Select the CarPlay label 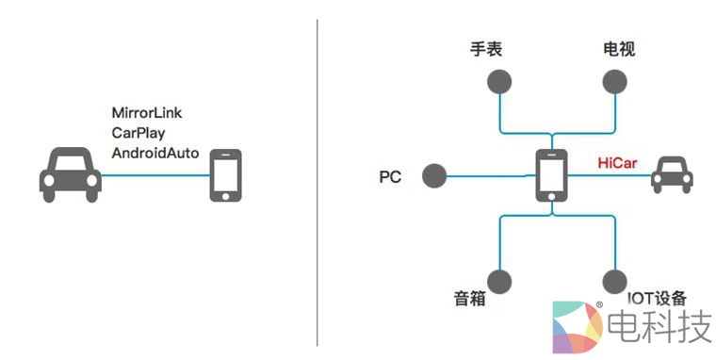pos(138,133)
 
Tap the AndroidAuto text pos(155,152)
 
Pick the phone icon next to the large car pos(223,175)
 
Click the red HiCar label pos(617,162)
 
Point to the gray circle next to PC pos(434,175)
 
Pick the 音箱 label pos(469,299)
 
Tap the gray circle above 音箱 pos(499,280)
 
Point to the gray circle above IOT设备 pos(613,280)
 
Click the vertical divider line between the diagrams pos(317,179)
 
